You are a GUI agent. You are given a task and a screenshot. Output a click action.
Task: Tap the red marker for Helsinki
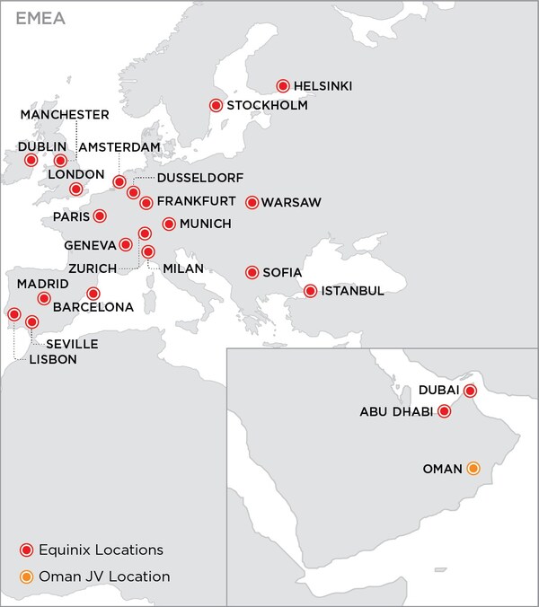pyautogui.click(x=283, y=86)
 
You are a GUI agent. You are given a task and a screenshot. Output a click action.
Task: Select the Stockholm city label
pyautogui.click(x=267, y=106)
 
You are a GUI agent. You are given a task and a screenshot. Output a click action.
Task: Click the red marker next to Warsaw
pyautogui.click(x=252, y=203)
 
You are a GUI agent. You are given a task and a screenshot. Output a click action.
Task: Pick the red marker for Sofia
pyautogui.click(x=252, y=272)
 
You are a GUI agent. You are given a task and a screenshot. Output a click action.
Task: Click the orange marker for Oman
pyautogui.click(x=473, y=468)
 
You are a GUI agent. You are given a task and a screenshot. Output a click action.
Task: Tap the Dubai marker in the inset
pyautogui.click(x=469, y=391)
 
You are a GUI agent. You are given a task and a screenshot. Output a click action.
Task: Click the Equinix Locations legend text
pyautogui.click(x=103, y=550)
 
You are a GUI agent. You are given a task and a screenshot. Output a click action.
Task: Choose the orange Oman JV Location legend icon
pyautogui.click(x=27, y=576)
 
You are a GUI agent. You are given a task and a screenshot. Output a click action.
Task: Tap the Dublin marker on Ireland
pyautogui.click(x=31, y=160)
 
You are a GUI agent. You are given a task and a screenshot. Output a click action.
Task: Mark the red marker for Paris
pyautogui.click(x=100, y=216)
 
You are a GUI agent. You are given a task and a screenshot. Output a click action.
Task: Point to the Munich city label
pyautogui.click(x=206, y=224)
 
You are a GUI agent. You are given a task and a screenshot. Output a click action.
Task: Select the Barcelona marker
pyautogui.click(x=93, y=294)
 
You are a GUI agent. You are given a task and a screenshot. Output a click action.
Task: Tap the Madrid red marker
pyautogui.click(x=43, y=298)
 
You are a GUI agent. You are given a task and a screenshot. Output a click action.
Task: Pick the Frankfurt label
pyautogui.click(x=196, y=200)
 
